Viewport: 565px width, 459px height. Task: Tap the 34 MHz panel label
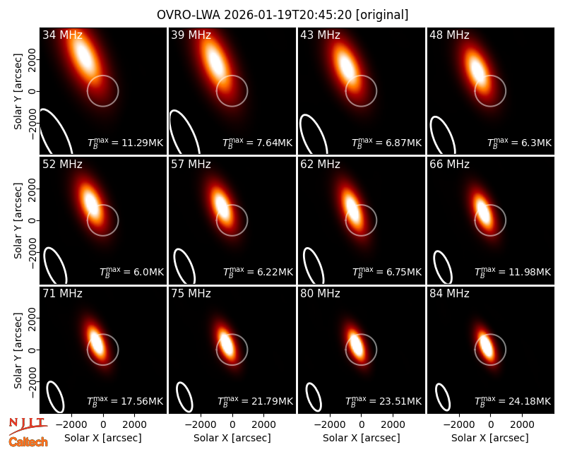[62, 35]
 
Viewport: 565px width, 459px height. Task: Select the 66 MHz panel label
[449, 165]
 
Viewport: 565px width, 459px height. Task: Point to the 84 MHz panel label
[449, 294]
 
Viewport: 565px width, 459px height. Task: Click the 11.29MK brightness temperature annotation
[126, 143]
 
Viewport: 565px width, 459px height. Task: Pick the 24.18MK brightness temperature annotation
[513, 401]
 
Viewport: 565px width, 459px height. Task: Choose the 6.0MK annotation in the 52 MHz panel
[131, 272]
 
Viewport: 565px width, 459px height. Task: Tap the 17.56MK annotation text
[125, 401]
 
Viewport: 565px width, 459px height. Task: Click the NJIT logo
[28, 426]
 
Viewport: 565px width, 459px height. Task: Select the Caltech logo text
[28, 442]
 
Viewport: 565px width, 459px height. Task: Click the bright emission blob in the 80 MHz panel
[356, 345]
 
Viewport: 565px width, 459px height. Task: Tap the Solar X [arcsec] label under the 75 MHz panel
[232, 438]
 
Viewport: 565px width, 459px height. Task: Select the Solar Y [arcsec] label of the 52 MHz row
[18, 220]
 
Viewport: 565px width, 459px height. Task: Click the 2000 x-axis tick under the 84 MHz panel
[522, 425]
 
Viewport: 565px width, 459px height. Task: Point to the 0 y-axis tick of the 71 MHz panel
[32, 350]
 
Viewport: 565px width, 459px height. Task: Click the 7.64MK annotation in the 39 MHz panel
[258, 143]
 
